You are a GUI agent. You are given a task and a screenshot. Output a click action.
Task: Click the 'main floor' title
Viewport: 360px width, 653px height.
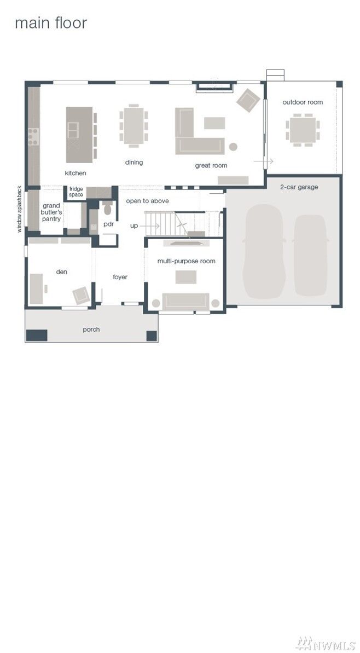pyautogui.click(x=50, y=24)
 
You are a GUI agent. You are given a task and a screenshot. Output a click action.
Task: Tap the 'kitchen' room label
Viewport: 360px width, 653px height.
pyautogui.click(x=76, y=173)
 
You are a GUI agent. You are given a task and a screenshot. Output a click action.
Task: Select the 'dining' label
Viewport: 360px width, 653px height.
pyautogui.click(x=134, y=163)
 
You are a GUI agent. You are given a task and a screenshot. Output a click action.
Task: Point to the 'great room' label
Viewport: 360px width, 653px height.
pyautogui.click(x=211, y=165)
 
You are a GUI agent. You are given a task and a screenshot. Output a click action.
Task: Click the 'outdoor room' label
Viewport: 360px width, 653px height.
pyautogui.click(x=303, y=102)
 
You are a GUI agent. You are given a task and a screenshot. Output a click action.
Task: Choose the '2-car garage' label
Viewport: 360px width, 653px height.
pyautogui.click(x=299, y=187)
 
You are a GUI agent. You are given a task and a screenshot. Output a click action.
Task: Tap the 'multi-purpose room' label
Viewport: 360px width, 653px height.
pyautogui.click(x=186, y=261)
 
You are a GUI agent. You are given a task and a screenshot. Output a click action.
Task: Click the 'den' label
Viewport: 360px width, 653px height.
pyautogui.click(x=61, y=271)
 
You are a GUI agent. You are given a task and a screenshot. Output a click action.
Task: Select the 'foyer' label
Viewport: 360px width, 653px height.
pyautogui.click(x=120, y=277)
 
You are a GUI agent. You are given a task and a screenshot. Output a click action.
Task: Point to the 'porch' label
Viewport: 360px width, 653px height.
pyautogui.click(x=91, y=330)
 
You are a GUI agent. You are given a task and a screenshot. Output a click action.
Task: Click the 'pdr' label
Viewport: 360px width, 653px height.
pyautogui.click(x=108, y=224)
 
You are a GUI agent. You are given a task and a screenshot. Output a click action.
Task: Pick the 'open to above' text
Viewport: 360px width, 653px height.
pyautogui.click(x=147, y=201)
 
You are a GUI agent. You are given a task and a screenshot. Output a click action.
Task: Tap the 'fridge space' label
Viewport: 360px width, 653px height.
pyautogui.click(x=76, y=192)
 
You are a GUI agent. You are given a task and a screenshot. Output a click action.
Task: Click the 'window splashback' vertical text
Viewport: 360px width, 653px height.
pyautogui.click(x=20, y=210)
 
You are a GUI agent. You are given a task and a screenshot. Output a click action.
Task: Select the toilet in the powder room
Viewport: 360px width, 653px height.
pyautogui.click(x=107, y=209)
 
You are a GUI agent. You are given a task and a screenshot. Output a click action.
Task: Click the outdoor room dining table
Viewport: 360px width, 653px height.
pyautogui.click(x=303, y=130)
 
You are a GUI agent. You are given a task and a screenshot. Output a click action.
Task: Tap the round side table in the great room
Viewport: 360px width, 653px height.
pyautogui.click(x=233, y=147)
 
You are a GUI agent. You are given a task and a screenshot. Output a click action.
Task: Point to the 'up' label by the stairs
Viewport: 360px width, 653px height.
pyautogui.click(x=134, y=226)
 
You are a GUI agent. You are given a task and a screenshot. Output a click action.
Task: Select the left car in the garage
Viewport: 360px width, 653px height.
pyautogui.click(x=264, y=252)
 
